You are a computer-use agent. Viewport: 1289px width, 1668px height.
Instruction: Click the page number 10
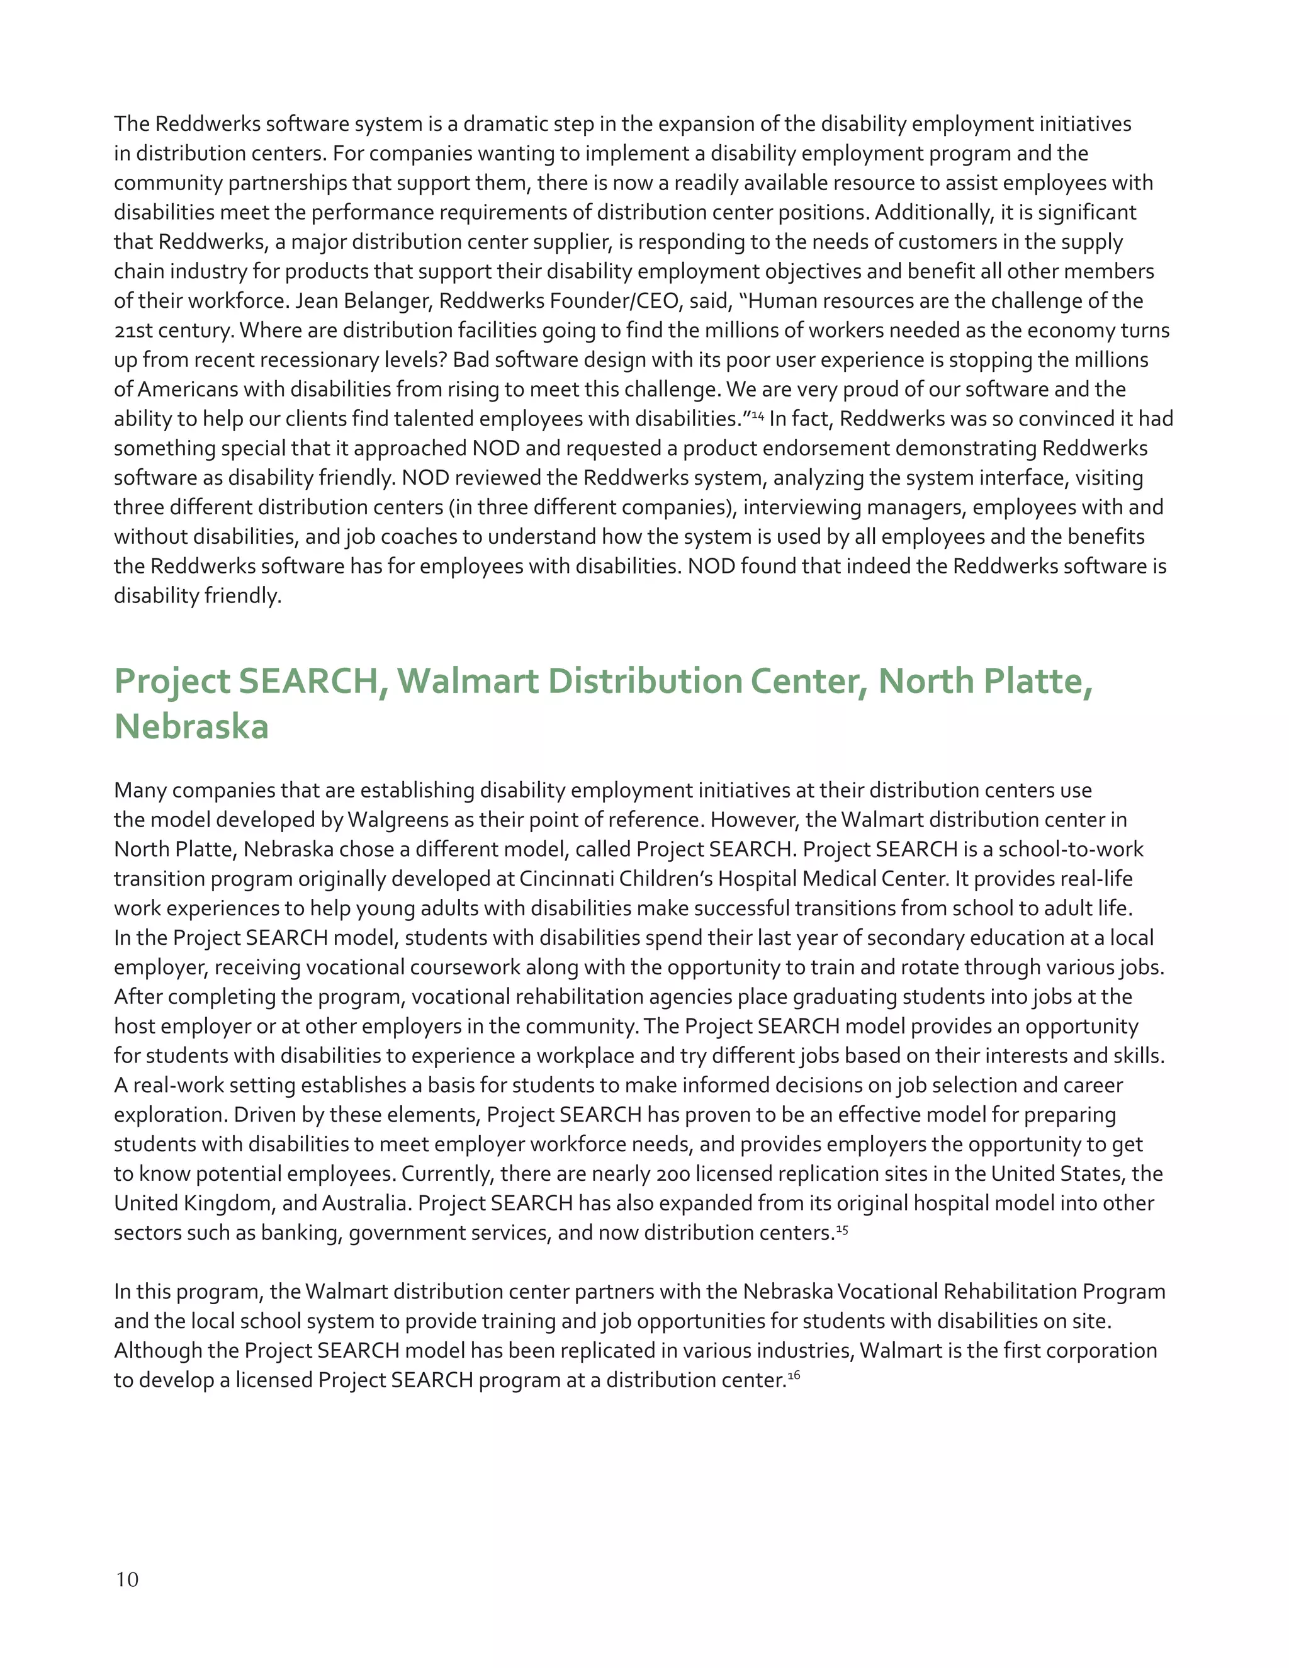tap(127, 1579)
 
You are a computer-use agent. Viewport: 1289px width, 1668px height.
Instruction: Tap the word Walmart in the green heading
tap(468, 680)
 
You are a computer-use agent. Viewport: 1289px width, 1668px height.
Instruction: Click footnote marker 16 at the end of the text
tap(794, 1375)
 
